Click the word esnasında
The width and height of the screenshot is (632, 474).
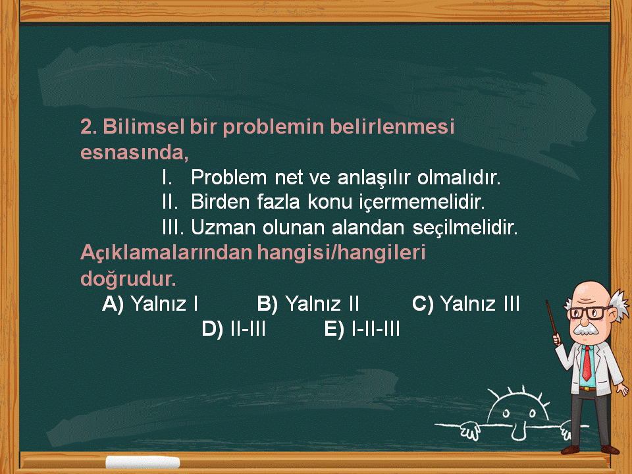[134, 153]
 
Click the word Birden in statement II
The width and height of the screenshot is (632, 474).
[220, 201]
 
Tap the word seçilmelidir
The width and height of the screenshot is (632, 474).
[465, 228]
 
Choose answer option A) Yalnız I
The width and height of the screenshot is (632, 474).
[150, 304]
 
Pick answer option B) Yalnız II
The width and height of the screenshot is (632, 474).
[308, 304]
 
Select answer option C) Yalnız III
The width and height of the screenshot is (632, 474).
[465, 304]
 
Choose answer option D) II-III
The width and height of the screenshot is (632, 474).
[233, 329]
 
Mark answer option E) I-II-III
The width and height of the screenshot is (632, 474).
[361, 329]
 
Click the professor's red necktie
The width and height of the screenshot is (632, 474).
[587, 362]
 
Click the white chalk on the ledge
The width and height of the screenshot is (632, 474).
[143, 462]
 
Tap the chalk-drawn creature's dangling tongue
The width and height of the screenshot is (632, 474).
[518, 432]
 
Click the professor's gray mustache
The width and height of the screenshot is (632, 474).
[587, 330]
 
